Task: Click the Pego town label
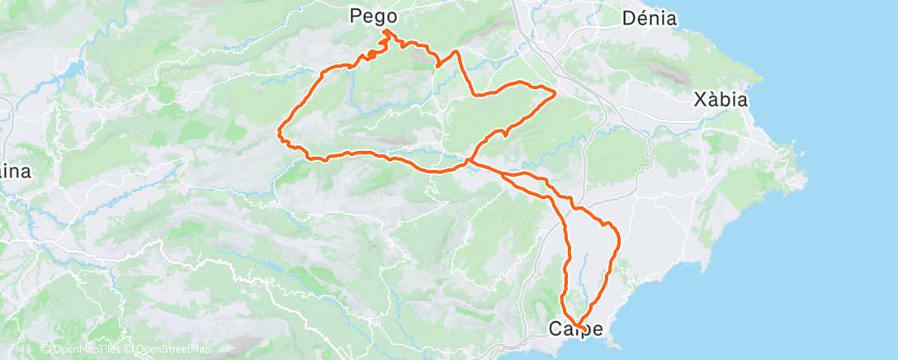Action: (x=373, y=16)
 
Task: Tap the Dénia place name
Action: (x=650, y=18)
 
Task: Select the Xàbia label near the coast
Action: (x=721, y=100)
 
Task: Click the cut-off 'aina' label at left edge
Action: (x=15, y=172)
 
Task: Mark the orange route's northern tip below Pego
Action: (x=385, y=32)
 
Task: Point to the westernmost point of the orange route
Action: (x=280, y=130)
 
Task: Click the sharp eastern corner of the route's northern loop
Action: (x=555, y=92)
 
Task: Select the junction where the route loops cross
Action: (x=470, y=162)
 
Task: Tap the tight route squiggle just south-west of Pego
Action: (x=372, y=54)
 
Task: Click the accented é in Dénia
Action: (x=639, y=18)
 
